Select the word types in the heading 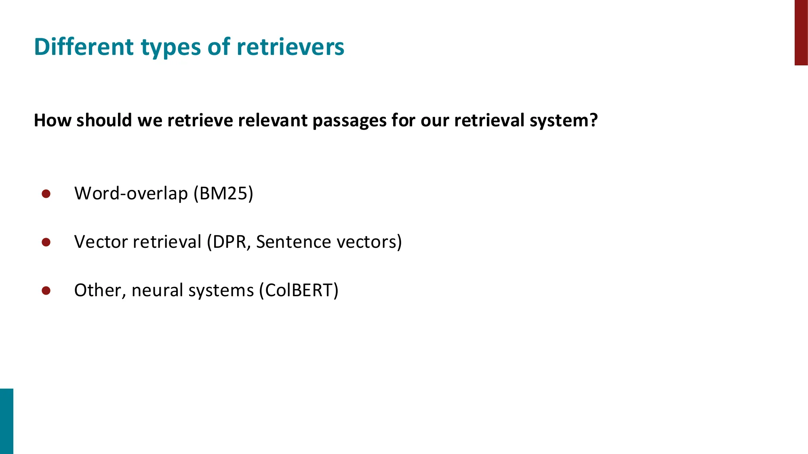[x=170, y=48]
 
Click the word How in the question [x=53, y=120]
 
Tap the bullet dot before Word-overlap [x=46, y=194]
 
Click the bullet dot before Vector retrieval [x=46, y=242]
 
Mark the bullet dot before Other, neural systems [x=46, y=291]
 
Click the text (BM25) [x=223, y=193]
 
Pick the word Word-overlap [x=131, y=193]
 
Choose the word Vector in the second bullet [x=101, y=242]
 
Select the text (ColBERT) [x=299, y=290]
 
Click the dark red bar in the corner [x=801, y=32]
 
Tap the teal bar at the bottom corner [x=6, y=421]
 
